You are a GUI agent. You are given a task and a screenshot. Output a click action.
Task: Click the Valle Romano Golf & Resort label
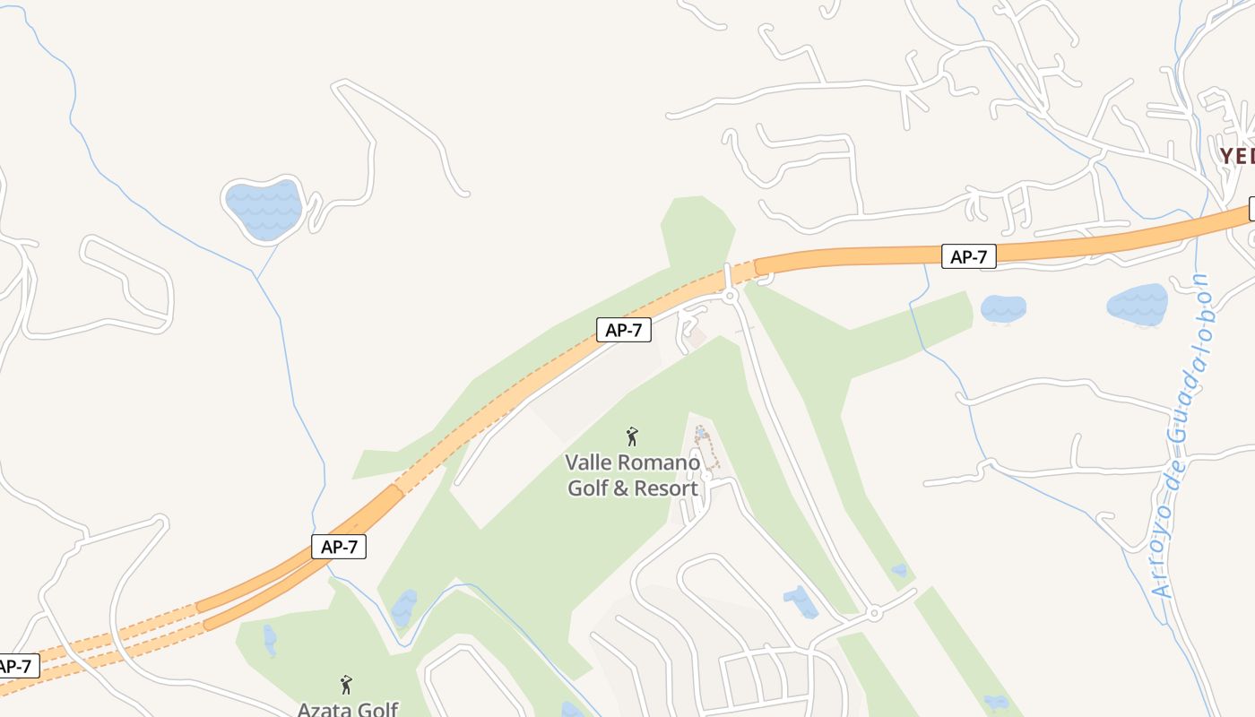tap(633, 476)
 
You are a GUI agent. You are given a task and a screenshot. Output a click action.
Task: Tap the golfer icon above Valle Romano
tap(632, 436)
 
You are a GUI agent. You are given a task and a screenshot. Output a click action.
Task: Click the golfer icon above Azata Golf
tap(346, 685)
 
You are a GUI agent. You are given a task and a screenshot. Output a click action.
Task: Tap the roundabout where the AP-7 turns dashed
tap(731, 295)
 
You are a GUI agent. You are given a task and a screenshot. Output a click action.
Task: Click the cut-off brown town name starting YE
tap(1236, 156)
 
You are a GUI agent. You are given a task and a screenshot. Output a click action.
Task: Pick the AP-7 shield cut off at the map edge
tap(16, 666)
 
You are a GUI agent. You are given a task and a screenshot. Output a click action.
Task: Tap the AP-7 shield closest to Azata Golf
tap(339, 546)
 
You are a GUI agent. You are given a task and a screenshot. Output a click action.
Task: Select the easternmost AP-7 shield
tap(969, 256)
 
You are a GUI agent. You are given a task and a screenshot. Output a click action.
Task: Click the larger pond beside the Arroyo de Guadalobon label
tap(1138, 305)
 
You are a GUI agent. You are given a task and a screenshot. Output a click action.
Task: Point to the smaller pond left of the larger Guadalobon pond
tap(1003, 308)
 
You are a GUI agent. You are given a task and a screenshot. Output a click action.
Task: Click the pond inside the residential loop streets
tap(800, 601)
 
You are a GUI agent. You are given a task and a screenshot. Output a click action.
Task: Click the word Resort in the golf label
tap(666, 488)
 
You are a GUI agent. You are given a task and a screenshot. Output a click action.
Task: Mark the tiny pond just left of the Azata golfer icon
tap(270, 640)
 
